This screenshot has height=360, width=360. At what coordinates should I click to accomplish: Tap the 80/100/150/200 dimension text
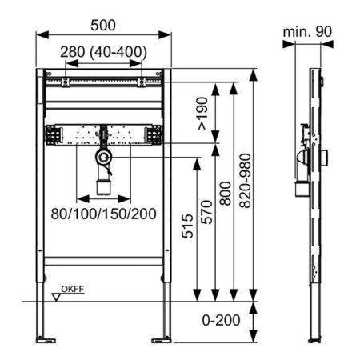(104, 214)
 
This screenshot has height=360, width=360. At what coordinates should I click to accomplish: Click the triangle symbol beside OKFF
(55, 295)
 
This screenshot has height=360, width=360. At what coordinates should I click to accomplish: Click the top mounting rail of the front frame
(104, 82)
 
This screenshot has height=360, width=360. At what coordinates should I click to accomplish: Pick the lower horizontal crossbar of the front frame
(104, 261)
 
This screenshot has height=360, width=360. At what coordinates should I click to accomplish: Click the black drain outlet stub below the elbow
(103, 188)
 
